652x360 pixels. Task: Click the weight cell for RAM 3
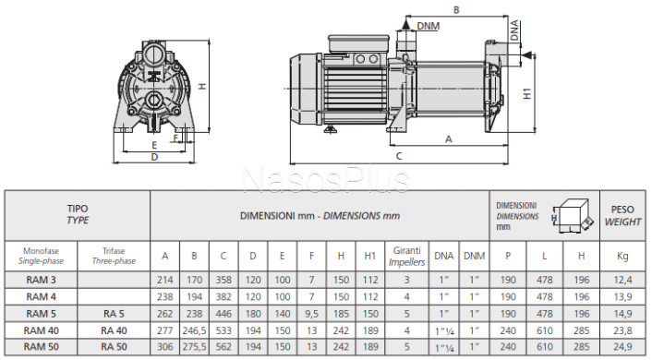coord(622,281)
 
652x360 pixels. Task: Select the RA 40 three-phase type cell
coord(114,330)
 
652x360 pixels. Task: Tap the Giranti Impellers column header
coord(406,256)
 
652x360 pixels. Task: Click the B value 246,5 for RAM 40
coord(194,330)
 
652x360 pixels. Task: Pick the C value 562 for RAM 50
coord(223,347)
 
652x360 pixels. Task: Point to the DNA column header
coord(443,256)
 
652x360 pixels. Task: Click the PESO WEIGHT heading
coord(622,216)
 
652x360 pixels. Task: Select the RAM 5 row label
coord(41,314)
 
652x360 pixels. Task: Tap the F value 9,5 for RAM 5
coord(311,314)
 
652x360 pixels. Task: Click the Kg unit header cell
coord(622,256)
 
